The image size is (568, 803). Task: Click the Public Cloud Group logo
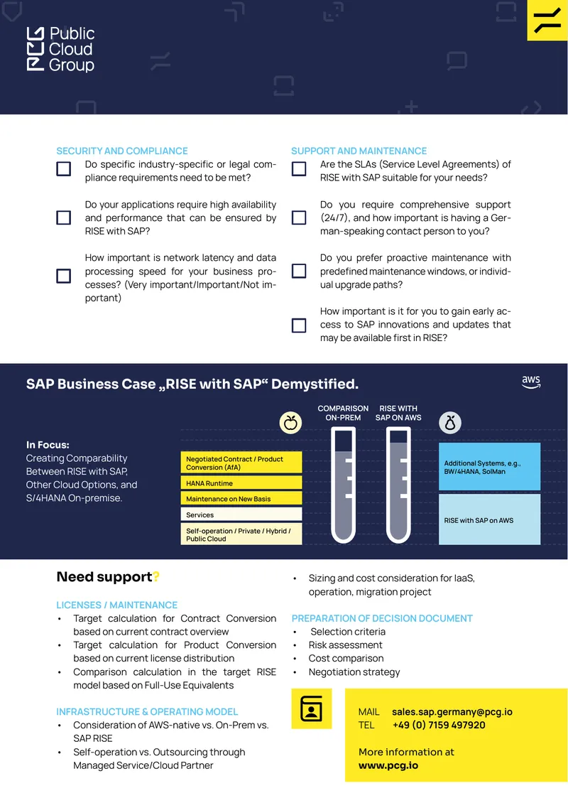(x=60, y=49)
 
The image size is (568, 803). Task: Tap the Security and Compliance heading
(x=122, y=151)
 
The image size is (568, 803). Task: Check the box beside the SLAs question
(x=299, y=169)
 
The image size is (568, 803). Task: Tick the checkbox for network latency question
(x=63, y=276)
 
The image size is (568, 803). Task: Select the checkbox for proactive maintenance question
(x=299, y=271)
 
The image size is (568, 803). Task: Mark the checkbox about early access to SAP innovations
(x=299, y=325)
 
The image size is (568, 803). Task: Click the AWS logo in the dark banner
(x=531, y=382)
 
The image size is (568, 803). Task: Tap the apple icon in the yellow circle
(x=290, y=423)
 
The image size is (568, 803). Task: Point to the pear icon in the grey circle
(x=450, y=423)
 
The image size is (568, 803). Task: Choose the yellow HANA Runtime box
(x=241, y=483)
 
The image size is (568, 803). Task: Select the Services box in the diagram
(x=241, y=514)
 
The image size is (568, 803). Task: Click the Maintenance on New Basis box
(x=241, y=499)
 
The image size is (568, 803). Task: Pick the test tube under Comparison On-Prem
(x=344, y=485)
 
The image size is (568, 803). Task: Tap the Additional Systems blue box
(x=490, y=467)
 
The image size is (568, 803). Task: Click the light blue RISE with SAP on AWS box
(x=490, y=519)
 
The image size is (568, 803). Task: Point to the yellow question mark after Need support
(x=156, y=576)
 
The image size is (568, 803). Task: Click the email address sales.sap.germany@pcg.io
(x=452, y=712)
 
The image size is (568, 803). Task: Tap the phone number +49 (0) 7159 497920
(x=439, y=725)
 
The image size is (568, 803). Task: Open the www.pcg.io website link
(x=388, y=765)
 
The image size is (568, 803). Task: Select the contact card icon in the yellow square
(x=311, y=708)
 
